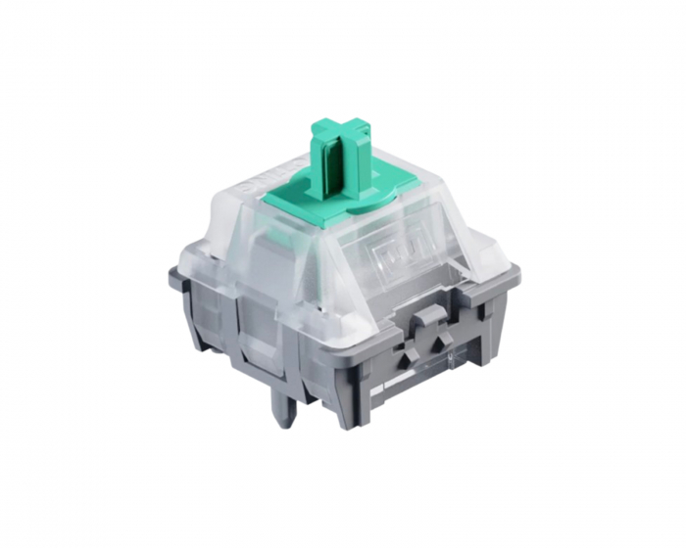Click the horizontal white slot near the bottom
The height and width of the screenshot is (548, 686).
tap(431, 387)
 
